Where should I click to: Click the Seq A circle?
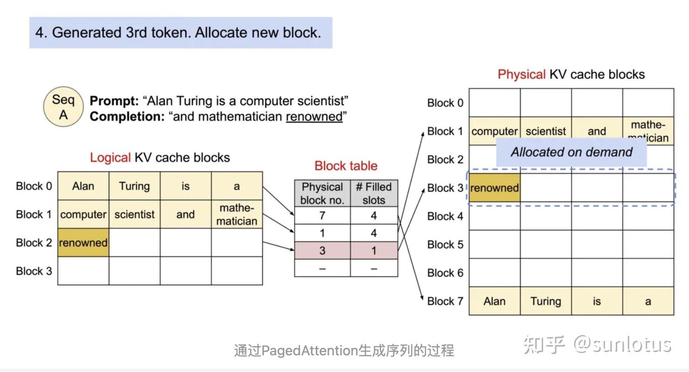coord(63,107)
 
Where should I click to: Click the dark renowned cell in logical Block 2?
coord(83,242)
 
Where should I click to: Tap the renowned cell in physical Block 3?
coord(494,188)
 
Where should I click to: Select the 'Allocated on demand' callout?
coord(571,152)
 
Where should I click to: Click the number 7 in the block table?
coord(322,216)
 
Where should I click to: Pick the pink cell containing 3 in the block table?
coord(322,250)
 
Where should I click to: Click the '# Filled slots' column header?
coord(374,193)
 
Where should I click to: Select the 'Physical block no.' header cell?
coord(322,193)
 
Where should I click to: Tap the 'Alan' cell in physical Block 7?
coord(494,301)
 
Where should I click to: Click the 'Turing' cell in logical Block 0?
coord(134,186)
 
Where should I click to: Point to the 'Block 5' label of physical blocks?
coord(445,244)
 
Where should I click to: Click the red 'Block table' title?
coord(346,166)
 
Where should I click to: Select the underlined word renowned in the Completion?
coord(314,117)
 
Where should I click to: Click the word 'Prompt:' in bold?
coord(114,101)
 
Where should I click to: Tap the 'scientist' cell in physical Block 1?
coord(545,131)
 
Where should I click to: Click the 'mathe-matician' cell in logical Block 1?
coord(237,214)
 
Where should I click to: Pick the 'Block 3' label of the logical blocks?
coord(34,271)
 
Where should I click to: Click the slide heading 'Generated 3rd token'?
coord(178,32)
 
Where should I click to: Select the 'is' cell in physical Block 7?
coord(596,301)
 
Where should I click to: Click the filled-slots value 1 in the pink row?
coord(374,250)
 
